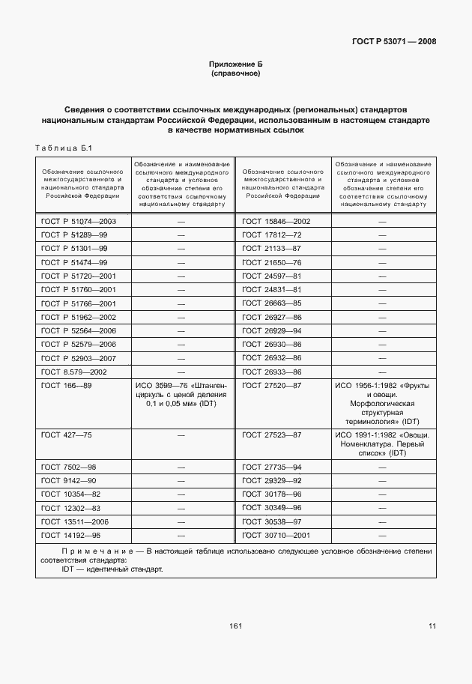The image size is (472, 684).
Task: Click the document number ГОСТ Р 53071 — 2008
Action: (394, 42)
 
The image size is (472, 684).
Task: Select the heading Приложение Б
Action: (236, 66)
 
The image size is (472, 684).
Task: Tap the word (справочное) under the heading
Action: (236, 75)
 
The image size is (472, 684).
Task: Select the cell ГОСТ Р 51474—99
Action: (75, 262)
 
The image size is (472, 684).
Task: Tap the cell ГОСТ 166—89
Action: (67, 385)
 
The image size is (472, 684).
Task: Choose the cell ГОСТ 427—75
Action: (67, 435)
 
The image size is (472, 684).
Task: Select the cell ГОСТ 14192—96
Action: (71, 535)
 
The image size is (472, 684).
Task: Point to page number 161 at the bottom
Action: (236, 626)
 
